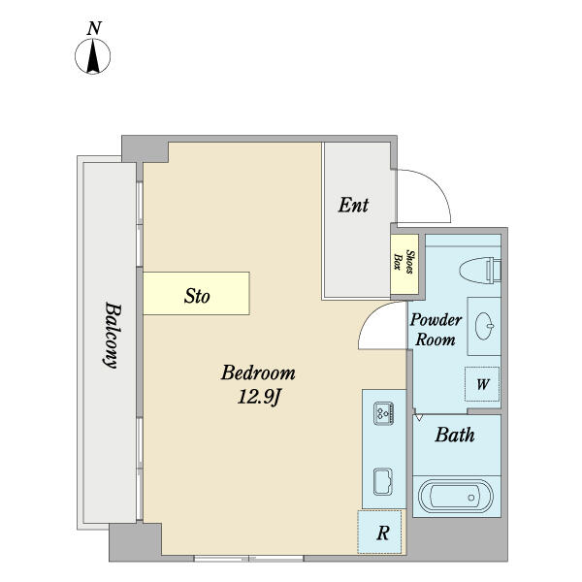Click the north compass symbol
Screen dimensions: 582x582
click(x=93, y=56)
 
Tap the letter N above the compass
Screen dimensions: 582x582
click(x=94, y=28)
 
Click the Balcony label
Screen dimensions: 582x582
click(x=112, y=336)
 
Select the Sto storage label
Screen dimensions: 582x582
click(x=197, y=296)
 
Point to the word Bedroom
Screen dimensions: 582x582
click(x=258, y=372)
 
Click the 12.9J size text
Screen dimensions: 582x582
click(x=259, y=398)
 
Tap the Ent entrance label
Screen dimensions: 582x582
click(x=353, y=205)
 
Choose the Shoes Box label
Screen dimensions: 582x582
click(x=404, y=261)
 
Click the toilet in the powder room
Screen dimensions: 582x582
click(x=480, y=270)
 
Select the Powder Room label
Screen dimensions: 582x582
click(x=436, y=330)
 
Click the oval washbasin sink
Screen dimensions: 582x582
click(x=485, y=326)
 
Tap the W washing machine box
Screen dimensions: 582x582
click(x=482, y=384)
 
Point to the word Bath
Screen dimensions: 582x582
click(x=455, y=435)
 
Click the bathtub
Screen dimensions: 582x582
click(x=456, y=497)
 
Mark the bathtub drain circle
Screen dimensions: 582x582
click(x=471, y=498)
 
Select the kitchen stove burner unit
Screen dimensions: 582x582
click(x=384, y=413)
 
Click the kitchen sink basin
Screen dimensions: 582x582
click(x=383, y=482)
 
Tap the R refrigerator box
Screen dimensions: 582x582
click(x=379, y=532)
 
